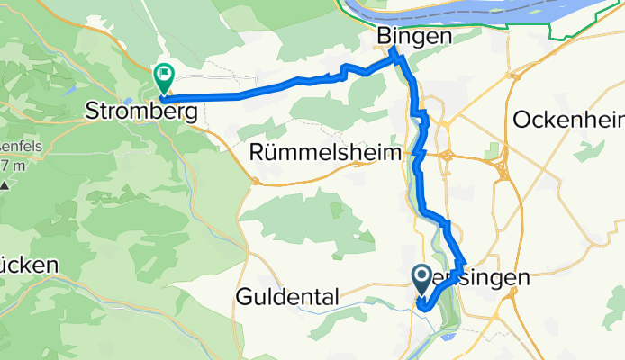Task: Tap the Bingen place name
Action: click(x=413, y=37)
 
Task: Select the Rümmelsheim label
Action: click(x=326, y=155)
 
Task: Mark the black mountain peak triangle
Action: click(x=5, y=186)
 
